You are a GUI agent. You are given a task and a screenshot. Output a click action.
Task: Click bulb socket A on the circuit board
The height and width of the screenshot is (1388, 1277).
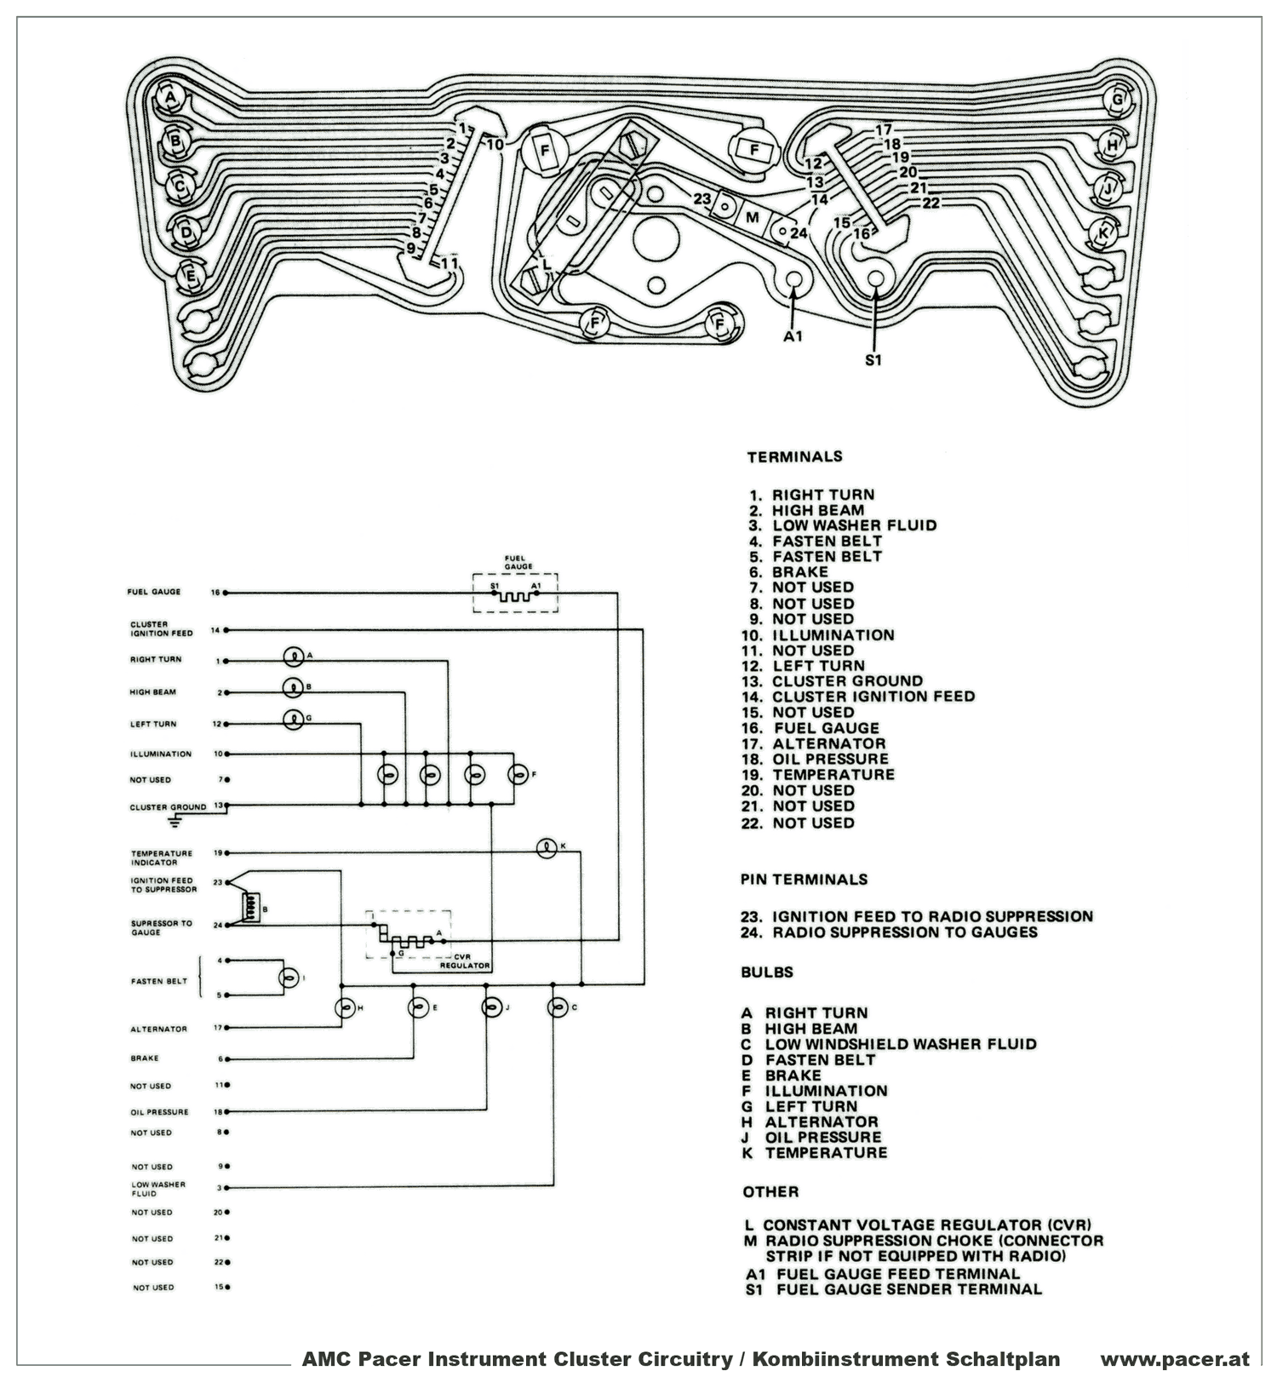tap(171, 98)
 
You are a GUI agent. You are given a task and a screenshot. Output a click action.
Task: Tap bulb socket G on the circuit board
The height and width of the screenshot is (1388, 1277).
tap(1118, 100)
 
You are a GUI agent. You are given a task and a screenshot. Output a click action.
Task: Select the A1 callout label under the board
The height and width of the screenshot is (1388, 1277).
tap(793, 337)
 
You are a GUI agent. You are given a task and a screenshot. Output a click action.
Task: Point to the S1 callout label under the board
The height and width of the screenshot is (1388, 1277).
tap(873, 360)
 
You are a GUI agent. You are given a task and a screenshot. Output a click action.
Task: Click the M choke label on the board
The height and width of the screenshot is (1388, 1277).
tap(752, 217)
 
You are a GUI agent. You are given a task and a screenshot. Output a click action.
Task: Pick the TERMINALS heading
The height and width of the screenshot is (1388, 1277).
tap(794, 457)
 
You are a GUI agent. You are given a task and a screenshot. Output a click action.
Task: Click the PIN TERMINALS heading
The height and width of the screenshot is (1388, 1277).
tap(804, 880)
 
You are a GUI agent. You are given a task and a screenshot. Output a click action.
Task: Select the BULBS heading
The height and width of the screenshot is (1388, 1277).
tap(766, 972)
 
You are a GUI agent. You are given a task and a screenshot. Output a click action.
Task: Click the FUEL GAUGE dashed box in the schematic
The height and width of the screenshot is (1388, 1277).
tap(516, 593)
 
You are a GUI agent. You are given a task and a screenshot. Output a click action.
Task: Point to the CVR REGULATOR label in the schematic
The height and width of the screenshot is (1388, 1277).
tap(465, 961)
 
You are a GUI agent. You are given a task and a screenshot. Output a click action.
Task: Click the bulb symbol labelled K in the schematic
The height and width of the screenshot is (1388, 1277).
tap(547, 848)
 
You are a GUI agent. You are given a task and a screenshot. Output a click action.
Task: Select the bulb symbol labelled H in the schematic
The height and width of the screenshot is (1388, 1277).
tap(346, 1007)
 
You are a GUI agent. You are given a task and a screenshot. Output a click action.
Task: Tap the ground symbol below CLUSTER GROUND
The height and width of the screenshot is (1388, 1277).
tap(175, 822)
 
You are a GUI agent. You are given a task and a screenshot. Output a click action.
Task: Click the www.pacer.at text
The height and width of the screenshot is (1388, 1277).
tap(1174, 1359)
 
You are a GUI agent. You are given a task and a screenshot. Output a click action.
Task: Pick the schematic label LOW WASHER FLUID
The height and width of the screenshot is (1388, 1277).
tap(157, 1189)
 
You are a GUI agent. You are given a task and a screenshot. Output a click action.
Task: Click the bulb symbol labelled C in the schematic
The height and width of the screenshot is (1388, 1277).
tap(558, 1007)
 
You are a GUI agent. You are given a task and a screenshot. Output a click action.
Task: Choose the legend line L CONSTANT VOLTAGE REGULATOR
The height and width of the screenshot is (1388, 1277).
tap(918, 1225)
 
